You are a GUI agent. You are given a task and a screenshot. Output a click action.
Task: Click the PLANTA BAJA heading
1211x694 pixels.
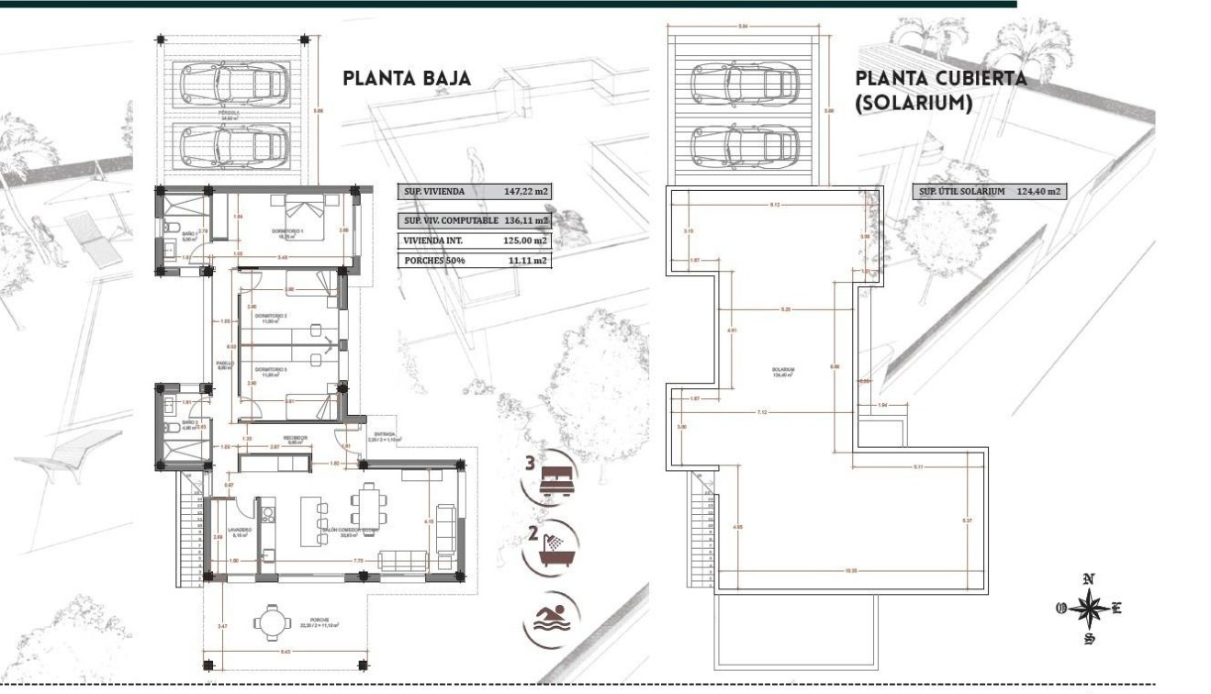(x=407, y=79)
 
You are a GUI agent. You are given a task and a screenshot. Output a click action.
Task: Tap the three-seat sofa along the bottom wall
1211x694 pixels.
(x=402, y=560)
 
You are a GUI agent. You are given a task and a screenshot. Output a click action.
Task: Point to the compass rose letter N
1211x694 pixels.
(x=1088, y=579)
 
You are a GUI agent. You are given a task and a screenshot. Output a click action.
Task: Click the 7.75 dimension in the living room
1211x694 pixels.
(x=360, y=560)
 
